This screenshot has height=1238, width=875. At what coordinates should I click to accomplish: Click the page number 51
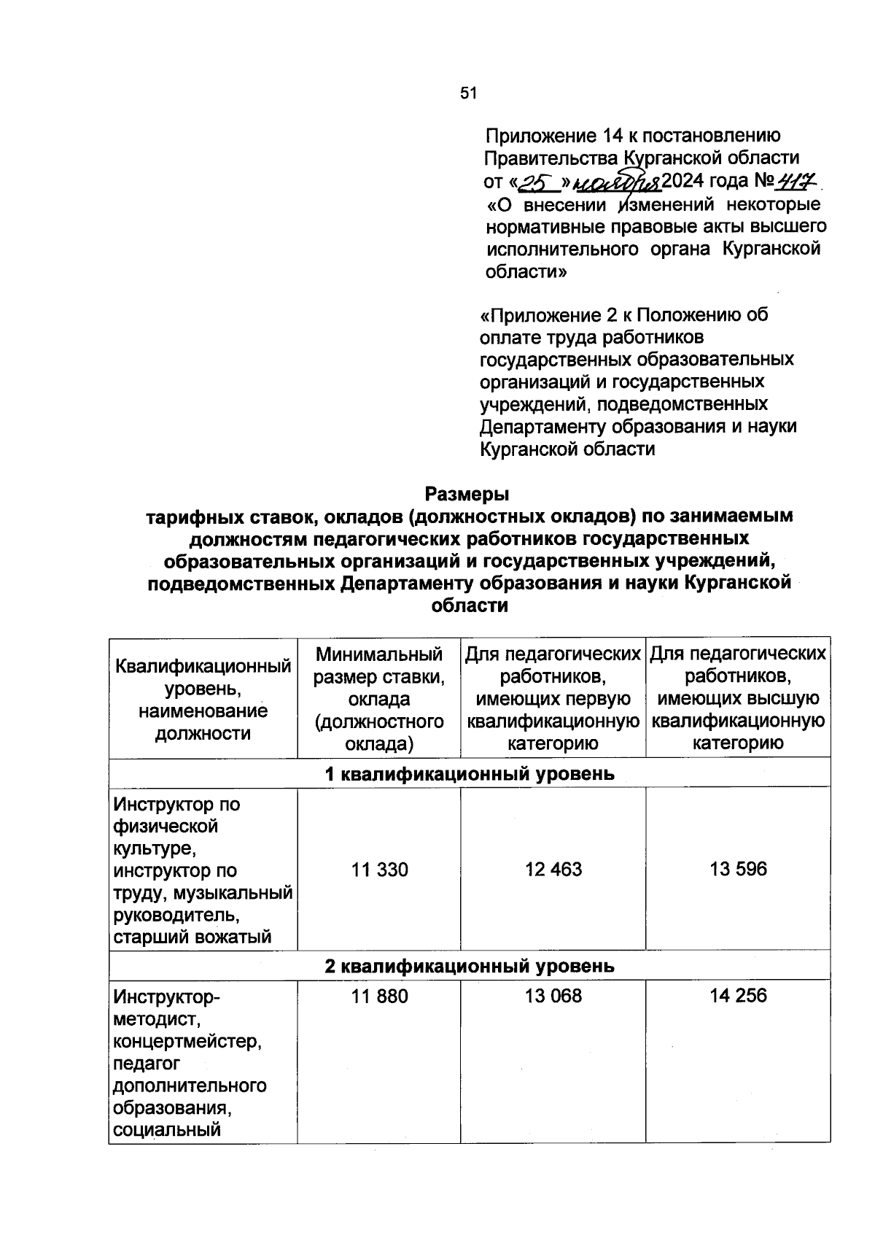[x=467, y=93]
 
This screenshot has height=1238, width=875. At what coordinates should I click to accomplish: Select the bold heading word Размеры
[x=467, y=494]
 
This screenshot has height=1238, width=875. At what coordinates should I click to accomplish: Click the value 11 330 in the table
[x=379, y=870]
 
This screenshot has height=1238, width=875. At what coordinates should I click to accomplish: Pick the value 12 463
[x=553, y=870]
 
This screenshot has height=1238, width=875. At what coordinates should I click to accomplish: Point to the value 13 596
[x=738, y=869]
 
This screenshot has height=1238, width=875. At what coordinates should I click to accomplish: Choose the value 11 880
[x=379, y=996]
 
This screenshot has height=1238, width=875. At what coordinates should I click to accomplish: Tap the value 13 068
[x=553, y=996]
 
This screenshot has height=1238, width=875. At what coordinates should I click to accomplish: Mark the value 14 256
[x=738, y=996]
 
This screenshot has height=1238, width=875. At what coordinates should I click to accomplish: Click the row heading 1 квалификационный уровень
[x=470, y=773]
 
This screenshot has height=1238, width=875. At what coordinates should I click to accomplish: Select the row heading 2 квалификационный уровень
[x=470, y=966]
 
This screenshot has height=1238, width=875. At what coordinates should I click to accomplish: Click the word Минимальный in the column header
[x=379, y=654]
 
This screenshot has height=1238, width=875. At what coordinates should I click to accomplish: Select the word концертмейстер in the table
[x=187, y=1041]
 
